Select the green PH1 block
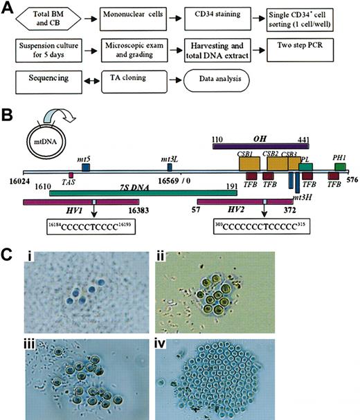click(339, 167)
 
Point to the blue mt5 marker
click(86, 167)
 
